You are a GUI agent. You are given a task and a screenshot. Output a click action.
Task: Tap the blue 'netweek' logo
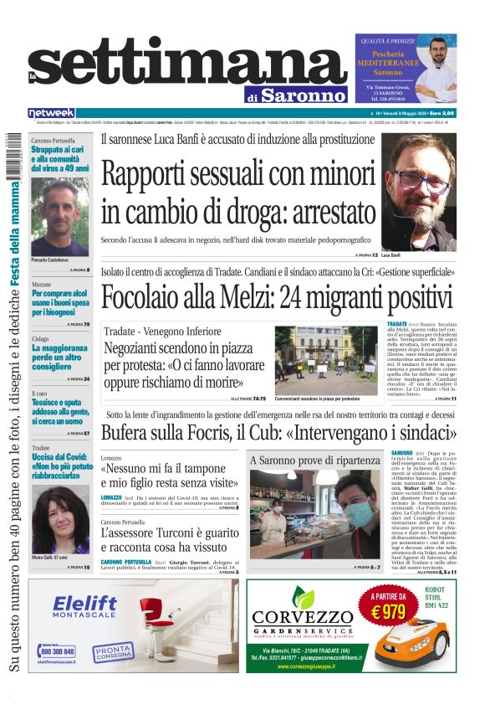coord(51,112)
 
